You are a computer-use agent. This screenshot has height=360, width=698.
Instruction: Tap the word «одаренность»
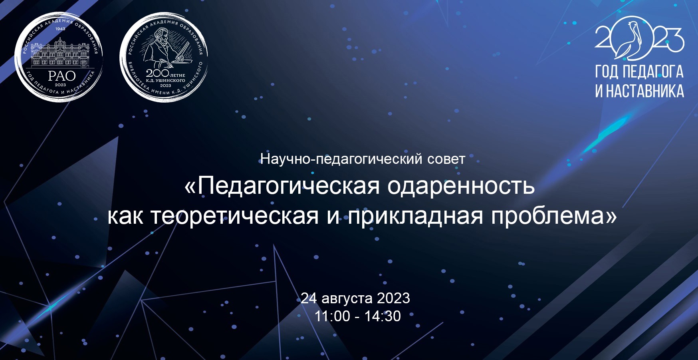(x=461, y=186)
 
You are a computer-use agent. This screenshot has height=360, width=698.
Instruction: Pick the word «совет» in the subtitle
(x=446, y=159)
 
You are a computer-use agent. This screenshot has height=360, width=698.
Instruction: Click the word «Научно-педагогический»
(x=341, y=159)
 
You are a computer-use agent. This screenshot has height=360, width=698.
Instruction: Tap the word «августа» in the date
(x=347, y=298)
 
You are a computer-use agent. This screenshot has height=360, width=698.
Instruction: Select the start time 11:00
(x=332, y=316)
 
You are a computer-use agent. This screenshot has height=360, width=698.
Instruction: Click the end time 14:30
(x=383, y=316)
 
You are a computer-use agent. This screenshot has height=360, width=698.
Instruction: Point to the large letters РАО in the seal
(x=62, y=76)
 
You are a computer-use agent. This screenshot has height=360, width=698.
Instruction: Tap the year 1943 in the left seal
(x=60, y=29)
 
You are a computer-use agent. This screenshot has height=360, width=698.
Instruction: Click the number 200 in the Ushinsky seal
(x=157, y=73)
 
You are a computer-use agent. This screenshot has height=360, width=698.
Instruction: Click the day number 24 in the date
(x=309, y=298)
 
